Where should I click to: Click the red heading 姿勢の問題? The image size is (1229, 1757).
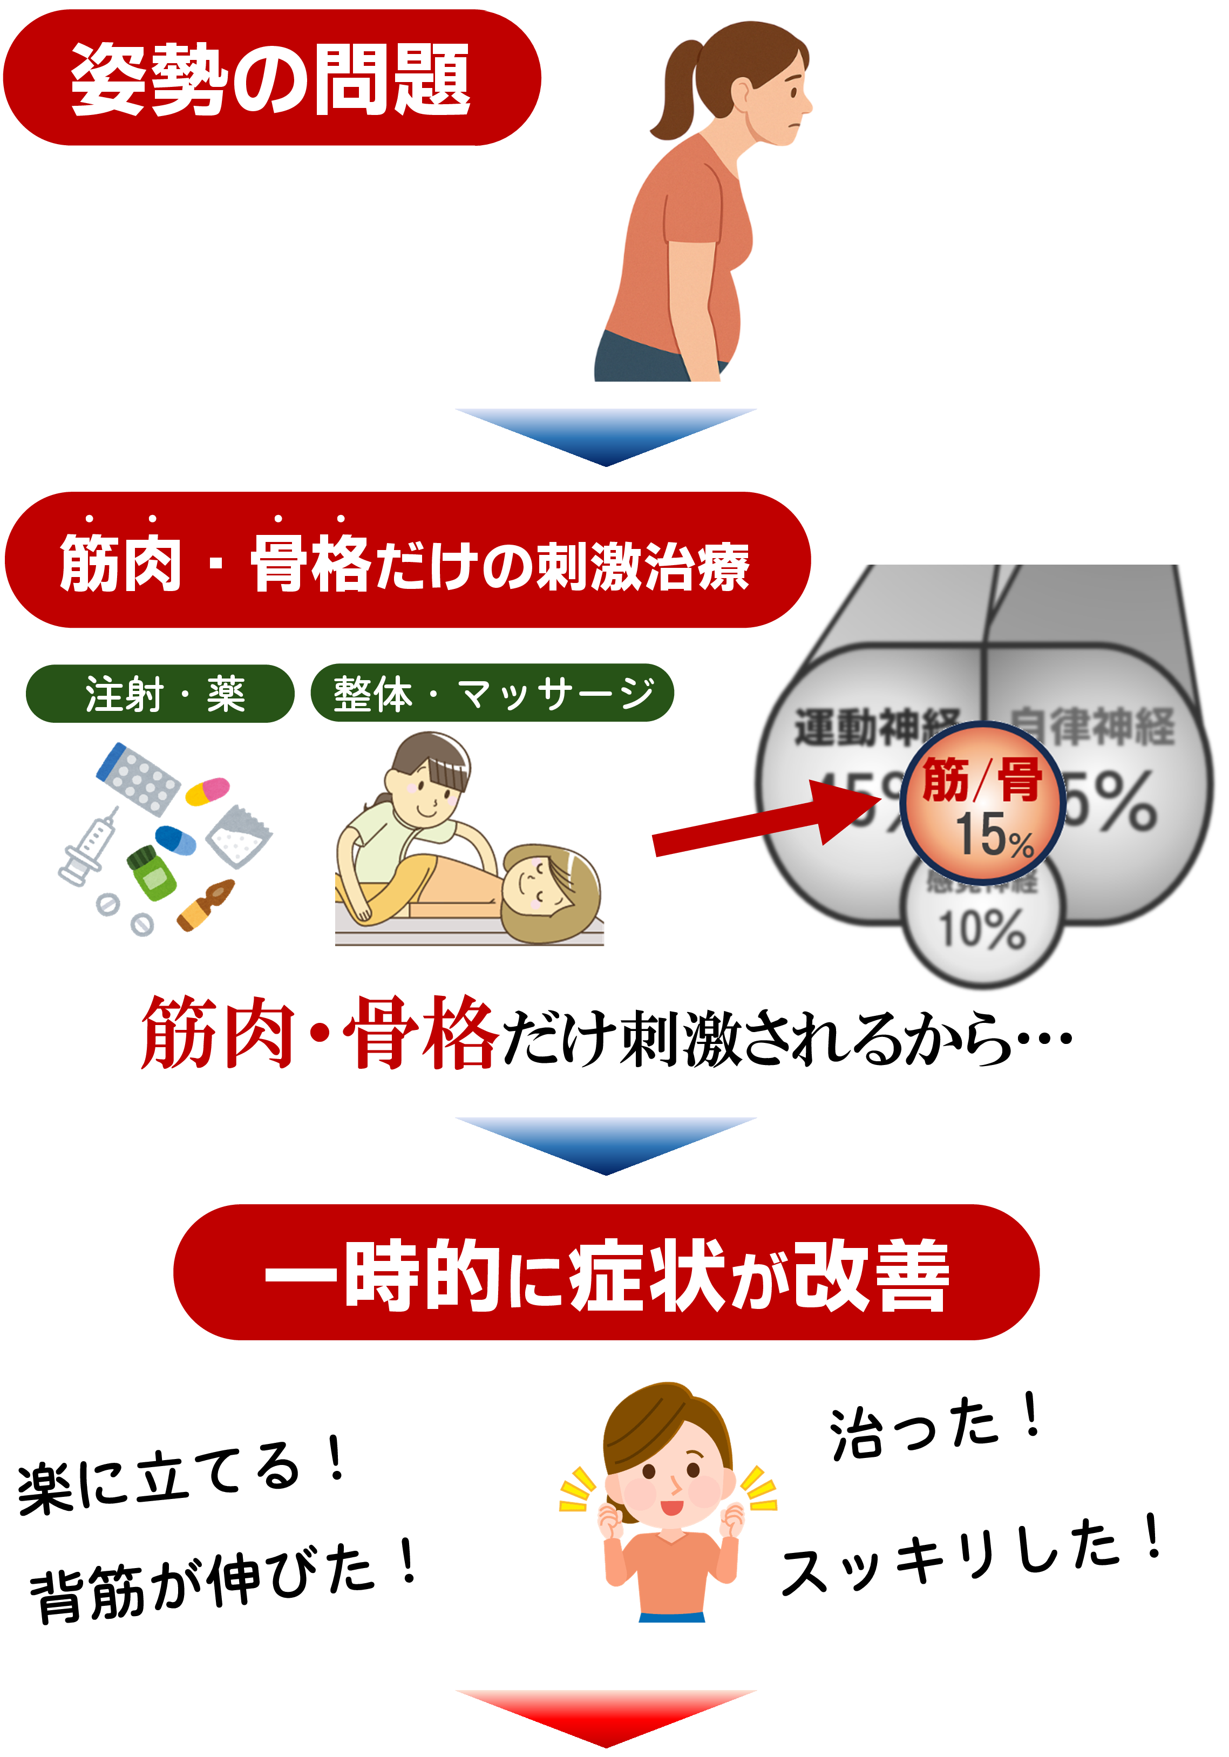coord(271,78)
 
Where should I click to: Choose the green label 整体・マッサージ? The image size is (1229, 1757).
coord(492,693)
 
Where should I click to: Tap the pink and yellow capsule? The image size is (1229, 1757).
coord(207,790)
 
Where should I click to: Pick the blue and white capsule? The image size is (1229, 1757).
coord(176,839)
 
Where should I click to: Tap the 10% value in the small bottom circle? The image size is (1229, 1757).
coord(982,929)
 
